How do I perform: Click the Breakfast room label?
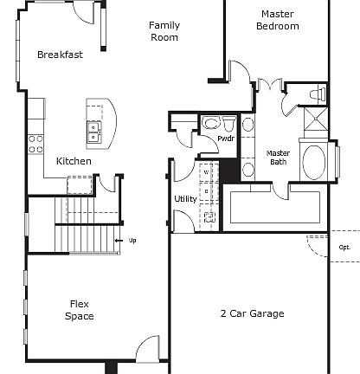pyautogui.click(x=60, y=55)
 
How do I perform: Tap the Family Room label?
pyautogui.click(x=164, y=31)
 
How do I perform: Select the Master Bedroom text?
pyautogui.click(x=278, y=20)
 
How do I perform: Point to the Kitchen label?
pyautogui.click(x=74, y=161)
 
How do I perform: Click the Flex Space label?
pyautogui.click(x=80, y=310)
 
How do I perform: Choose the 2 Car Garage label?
pyautogui.click(x=252, y=313)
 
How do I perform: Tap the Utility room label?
pyautogui.click(x=185, y=199)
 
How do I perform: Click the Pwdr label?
pyautogui.click(x=226, y=139)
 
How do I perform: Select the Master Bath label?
pyautogui.click(x=278, y=157)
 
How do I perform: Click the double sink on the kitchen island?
pyautogui.click(x=93, y=132)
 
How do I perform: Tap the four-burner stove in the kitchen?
pyautogui.click(x=35, y=143)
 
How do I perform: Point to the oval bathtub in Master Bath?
pyautogui.click(x=312, y=161)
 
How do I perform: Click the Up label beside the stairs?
pyautogui.click(x=132, y=240)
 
